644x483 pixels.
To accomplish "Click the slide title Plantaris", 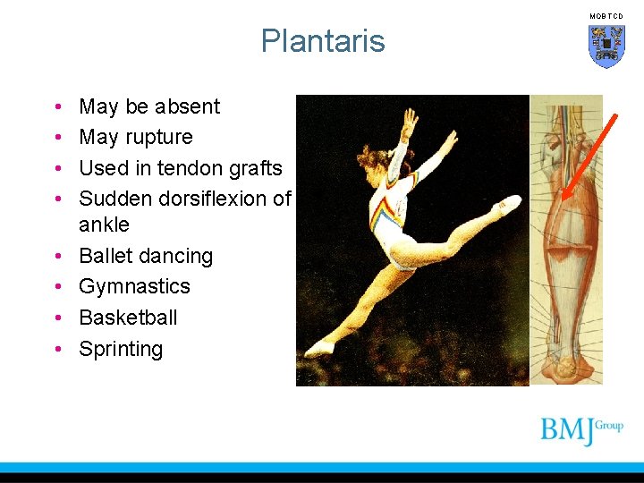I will click(323, 41).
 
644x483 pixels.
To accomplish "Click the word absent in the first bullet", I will click(187, 106).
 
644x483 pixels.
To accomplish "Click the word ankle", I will click(104, 225).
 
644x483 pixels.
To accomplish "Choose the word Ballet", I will click(106, 256).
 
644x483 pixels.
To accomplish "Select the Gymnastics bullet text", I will click(134, 286).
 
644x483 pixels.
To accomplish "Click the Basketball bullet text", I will click(128, 318).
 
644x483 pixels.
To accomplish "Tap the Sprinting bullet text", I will click(121, 349).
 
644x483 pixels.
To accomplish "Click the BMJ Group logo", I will click(580, 430).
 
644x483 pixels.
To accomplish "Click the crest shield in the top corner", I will click(606, 46).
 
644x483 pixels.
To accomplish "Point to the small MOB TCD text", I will click(606, 16).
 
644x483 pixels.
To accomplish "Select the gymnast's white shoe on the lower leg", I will click(319, 347).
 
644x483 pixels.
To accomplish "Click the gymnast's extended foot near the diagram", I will click(510, 203).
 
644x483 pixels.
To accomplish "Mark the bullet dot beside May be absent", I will click(56, 107).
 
